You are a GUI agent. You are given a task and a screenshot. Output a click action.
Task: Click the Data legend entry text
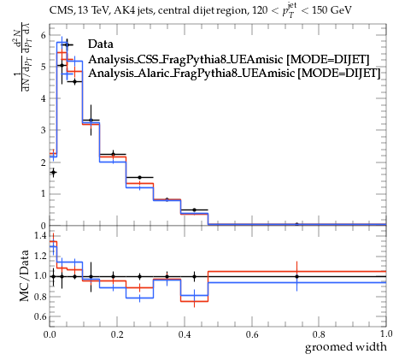point(101,44)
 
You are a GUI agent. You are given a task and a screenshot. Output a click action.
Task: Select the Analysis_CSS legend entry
point(229,59)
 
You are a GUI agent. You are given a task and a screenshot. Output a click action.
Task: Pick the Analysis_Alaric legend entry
point(234,74)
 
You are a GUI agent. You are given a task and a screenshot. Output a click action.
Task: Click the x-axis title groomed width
point(346,347)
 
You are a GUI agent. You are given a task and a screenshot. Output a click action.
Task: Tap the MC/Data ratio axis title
point(25,276)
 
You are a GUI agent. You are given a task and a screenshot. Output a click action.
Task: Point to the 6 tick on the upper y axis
point(43,35)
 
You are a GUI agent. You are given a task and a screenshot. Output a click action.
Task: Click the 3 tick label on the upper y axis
point(43,130)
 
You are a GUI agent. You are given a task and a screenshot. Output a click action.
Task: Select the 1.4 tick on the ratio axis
point(40,236)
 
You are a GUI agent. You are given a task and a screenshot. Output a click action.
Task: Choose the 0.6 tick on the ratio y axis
point(40,316)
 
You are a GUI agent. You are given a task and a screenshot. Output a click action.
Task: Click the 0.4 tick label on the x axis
point(185,334)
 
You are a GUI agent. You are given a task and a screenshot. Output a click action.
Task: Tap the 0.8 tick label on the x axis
point(319,334)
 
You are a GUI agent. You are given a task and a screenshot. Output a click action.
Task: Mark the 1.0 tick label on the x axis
point(386,333)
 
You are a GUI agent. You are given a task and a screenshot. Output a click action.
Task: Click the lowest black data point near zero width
point(53,172)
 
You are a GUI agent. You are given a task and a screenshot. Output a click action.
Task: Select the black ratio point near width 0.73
point(296,276)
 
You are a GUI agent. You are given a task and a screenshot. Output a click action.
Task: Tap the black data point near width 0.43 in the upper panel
point(194,210)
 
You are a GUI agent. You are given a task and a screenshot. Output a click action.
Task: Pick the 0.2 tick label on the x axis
point(117,334)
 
